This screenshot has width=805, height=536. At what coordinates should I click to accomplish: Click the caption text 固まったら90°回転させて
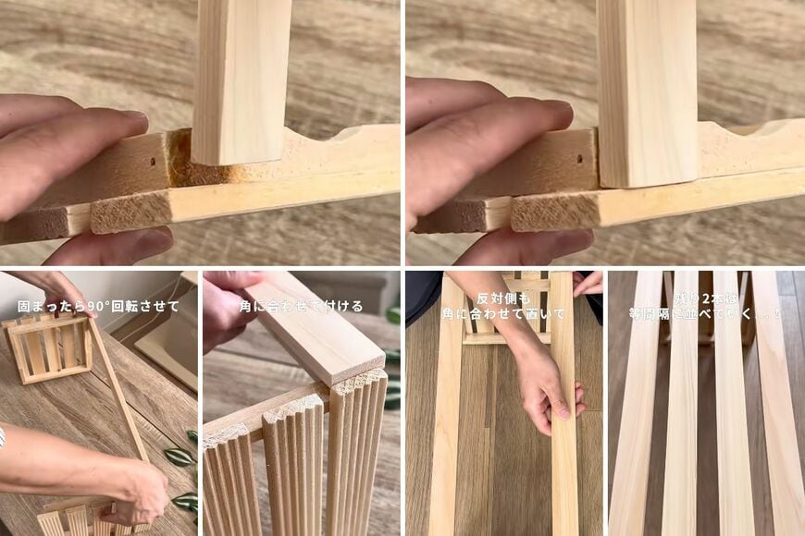point(98,306)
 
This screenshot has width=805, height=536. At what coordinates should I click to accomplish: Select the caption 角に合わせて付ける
point(301,306)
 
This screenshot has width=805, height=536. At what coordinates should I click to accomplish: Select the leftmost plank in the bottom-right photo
point(634,416)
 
